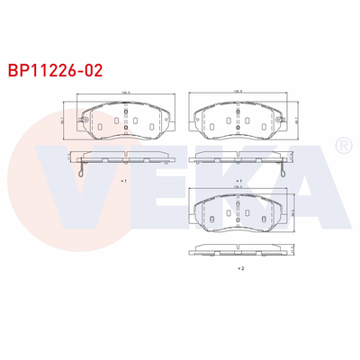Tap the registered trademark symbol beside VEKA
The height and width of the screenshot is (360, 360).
point(342,144)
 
